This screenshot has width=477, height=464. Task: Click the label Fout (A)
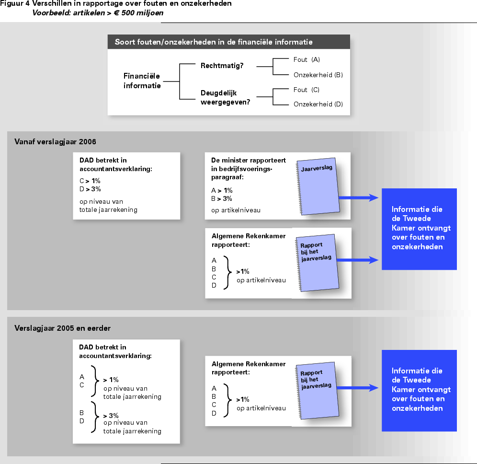coord(307,59)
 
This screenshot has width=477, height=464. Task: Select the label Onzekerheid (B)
coord(318,75)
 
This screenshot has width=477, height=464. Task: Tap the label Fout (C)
coord(307,90)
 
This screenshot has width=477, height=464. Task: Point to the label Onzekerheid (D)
coord(318,104)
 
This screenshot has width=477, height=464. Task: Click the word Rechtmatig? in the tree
coord(222,66)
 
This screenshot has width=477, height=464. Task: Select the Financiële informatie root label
coord(142,81)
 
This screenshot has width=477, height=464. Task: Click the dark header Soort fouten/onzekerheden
coord(229,42)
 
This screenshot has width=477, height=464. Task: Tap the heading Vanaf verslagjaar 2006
coord(55,141)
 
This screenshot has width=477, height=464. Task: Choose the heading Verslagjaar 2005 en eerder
coord(62,328)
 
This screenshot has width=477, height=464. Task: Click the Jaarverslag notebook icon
coord(318,186)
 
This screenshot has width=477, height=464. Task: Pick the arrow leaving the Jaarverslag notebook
coord(359,198)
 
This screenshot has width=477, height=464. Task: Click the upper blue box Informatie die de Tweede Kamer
coord(419,229)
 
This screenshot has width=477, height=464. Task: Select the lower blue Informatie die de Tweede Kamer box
coord(419,391)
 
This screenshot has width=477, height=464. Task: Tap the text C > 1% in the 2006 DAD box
coord(90,181)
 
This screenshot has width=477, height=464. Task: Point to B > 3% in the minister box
coord(221,199)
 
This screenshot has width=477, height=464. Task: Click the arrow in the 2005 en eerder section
coord(357,388)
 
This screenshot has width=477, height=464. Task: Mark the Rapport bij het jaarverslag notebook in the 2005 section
coord(317,391)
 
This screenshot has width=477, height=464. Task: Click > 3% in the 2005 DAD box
coord(111,416)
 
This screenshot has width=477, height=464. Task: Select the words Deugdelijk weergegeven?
coord(225,97)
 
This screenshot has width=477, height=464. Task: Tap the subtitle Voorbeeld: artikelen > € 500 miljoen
coord(98,13)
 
